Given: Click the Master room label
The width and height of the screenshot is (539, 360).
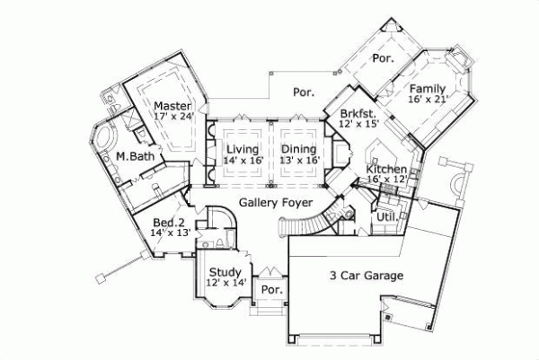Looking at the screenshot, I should tap(172, 105).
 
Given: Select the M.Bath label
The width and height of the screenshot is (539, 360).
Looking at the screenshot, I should tap(133, 156).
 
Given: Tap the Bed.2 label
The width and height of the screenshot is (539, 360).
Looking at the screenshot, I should tap(168, 223).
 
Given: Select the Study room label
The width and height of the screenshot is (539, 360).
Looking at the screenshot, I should tap(224, 272).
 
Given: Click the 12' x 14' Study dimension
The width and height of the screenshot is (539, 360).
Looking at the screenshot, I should tap(225, 284).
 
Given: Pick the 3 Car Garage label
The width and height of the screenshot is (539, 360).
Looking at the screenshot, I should tap(365, 276).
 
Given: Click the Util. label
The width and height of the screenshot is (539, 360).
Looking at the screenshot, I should tap(387, 216).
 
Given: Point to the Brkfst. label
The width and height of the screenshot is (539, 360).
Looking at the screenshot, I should tap(358, 113).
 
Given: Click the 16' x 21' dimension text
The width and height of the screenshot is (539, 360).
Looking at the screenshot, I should tap(429, 101).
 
